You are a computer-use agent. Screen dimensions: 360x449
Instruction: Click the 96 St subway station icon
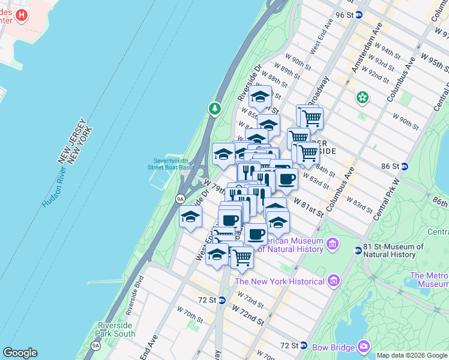coord(359,15)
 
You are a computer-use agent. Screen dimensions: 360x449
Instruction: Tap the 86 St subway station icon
coord(405,166)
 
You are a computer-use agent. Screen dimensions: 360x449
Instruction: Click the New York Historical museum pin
coord(333,281)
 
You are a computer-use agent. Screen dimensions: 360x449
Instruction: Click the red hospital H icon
coord(22,15)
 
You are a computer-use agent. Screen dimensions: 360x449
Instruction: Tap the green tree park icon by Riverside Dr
coord(214,109)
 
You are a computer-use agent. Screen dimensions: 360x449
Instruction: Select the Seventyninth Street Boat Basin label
coord(172,164)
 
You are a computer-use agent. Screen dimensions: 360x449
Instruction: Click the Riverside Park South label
coord(116,329)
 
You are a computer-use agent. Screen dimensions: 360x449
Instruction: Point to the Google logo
coord(20,353)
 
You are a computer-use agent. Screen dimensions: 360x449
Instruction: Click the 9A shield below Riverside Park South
coord(95,346)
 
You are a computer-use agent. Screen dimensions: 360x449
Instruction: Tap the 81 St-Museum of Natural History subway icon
coord(359,250)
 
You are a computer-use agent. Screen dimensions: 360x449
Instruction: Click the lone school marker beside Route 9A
coord(190,217)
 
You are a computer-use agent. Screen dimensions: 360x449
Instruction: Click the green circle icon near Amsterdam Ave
coord(362,96)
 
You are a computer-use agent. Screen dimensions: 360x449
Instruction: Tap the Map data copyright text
coord(411,355)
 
